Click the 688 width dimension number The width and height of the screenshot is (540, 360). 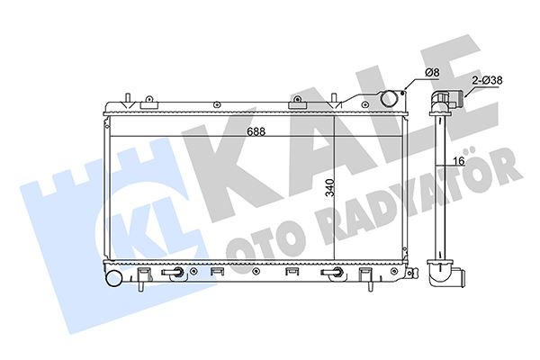256,131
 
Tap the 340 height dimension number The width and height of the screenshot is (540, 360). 330,187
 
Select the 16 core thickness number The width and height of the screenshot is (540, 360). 459,160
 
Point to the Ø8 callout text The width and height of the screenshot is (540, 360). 432,72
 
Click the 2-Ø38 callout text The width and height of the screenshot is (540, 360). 487,80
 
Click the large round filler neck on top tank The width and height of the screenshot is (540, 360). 389,98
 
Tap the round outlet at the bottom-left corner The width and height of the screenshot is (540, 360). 114,278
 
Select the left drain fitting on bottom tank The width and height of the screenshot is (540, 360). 175,272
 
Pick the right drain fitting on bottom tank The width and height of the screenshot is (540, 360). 332,272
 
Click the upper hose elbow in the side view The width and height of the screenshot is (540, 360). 444,102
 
